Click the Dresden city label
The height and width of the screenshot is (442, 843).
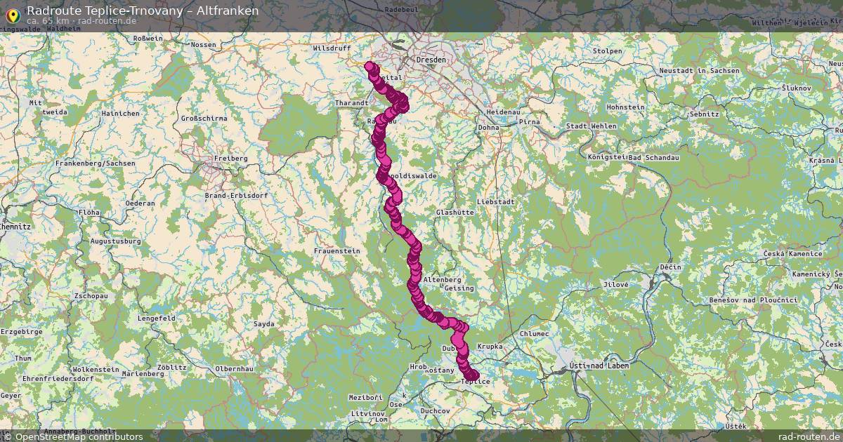(431, 60)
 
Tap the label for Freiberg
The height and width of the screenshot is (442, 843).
(230, 159)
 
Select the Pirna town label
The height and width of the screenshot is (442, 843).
(529, 121)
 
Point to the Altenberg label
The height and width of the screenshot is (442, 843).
(443, 279)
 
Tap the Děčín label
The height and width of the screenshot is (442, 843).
(671, 267)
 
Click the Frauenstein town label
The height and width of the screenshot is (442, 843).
(336, 250)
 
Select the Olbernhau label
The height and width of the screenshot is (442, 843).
(233, 368)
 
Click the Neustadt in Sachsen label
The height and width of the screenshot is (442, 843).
(699, 71)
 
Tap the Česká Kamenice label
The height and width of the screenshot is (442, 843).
(793, 253)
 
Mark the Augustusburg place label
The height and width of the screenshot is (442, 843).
(116, 241)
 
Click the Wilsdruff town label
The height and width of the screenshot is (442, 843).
(332, 49)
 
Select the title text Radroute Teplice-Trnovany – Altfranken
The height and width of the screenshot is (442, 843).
(143, 11)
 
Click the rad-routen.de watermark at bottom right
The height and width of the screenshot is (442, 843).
(809, 436)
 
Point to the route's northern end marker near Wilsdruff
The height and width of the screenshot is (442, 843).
(370, 67)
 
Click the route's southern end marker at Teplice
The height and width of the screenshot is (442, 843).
(473, 375)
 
